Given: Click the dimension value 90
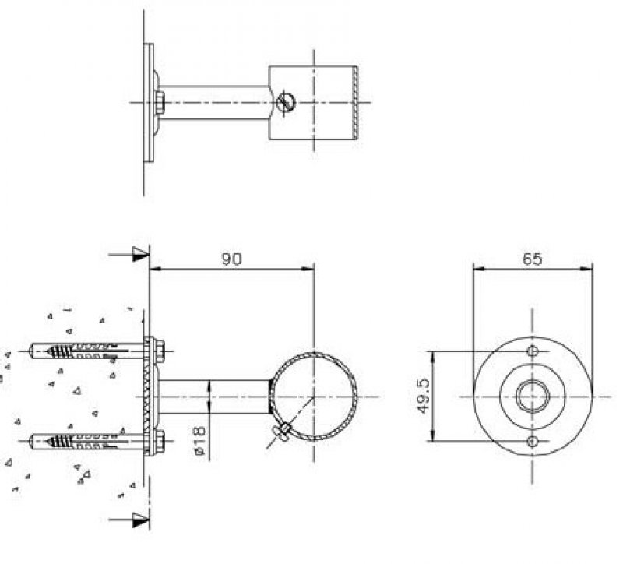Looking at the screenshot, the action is (231, 259).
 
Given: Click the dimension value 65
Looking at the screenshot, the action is (532, 259).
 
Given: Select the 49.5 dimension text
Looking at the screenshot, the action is (423, 396).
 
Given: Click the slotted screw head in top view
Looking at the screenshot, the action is (286, 102).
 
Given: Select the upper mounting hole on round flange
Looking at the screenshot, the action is (533, 351).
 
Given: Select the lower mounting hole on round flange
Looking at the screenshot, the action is (533, 441).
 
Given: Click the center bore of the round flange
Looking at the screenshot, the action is (533, 397).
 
